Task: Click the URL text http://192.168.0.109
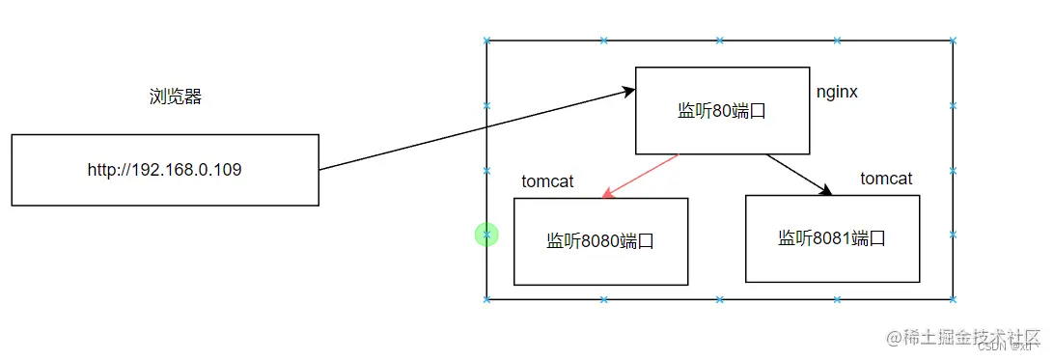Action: tap(164, 170)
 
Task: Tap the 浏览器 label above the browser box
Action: tap(176, 97)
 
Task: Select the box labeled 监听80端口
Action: tap(722, 111)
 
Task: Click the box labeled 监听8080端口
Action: tap(600, 241)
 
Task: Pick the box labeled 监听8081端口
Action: tap(832, 238)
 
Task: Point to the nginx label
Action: tap(837, 93)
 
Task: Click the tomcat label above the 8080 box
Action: tap(548, 181)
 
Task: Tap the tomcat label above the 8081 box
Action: tap(886, 179)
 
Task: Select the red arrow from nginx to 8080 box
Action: tap(641, 176)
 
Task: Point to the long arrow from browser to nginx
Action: tap(473, 130)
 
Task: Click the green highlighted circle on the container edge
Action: tap(486, 234)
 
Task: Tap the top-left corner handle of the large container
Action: tap(487, 42)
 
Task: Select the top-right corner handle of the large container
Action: tap(953, 42)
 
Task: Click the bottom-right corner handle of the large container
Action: tap(953, 299)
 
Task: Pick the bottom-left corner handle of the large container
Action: tap(487, 299)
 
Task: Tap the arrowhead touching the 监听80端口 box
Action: tap(628, 92)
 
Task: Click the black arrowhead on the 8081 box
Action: tap(826, 192)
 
